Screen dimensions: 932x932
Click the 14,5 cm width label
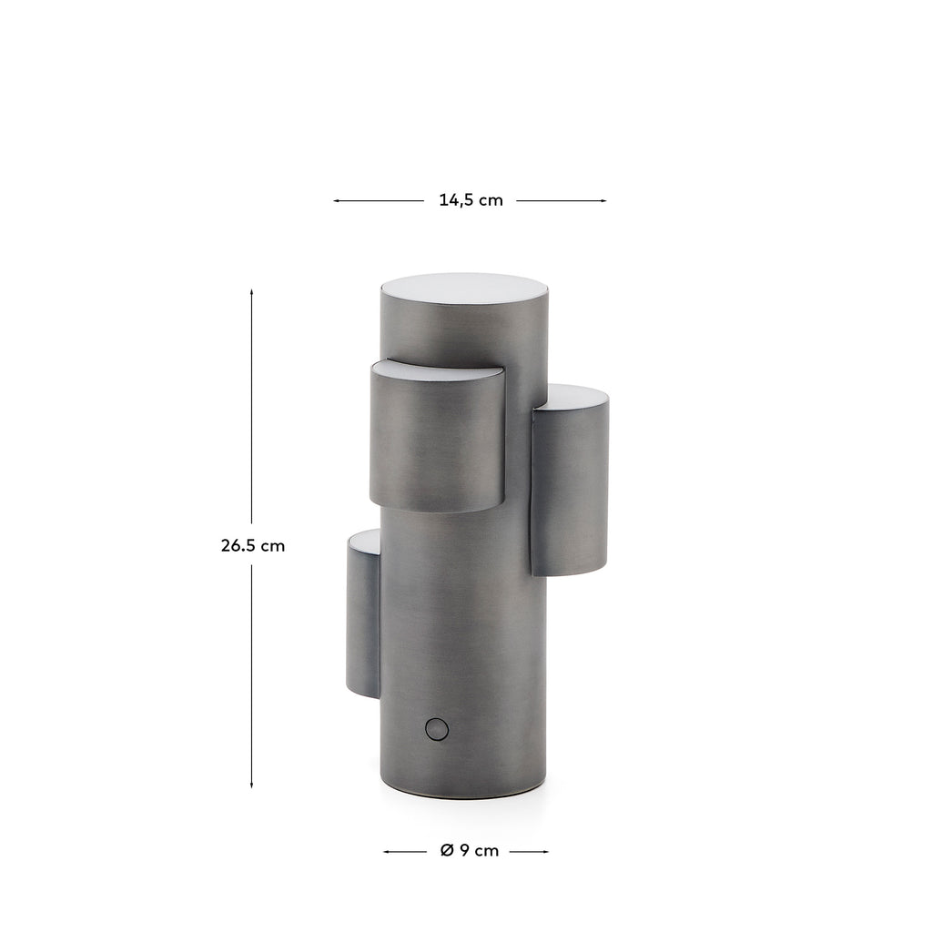pos(471,200)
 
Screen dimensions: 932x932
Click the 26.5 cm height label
pos(252,546)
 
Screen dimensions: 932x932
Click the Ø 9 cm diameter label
pos(470,851)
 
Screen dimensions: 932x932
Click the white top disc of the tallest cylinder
pos(464,288)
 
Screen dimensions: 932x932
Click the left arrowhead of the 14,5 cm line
pos(337,200)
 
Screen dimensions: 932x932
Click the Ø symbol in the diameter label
pos(447,851)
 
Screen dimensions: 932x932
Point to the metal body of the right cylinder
pos(572,491)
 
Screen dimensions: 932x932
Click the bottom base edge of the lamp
pos(464,795)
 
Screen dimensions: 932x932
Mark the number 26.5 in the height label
pos(238,546)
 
